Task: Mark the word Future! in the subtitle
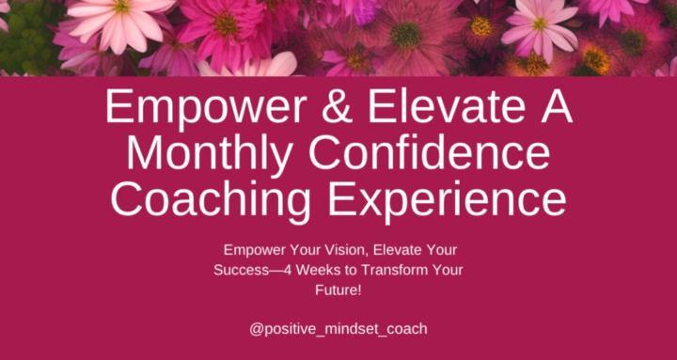(338, 289)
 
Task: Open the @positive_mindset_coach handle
(338, 329)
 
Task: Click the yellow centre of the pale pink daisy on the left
(123, 8)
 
